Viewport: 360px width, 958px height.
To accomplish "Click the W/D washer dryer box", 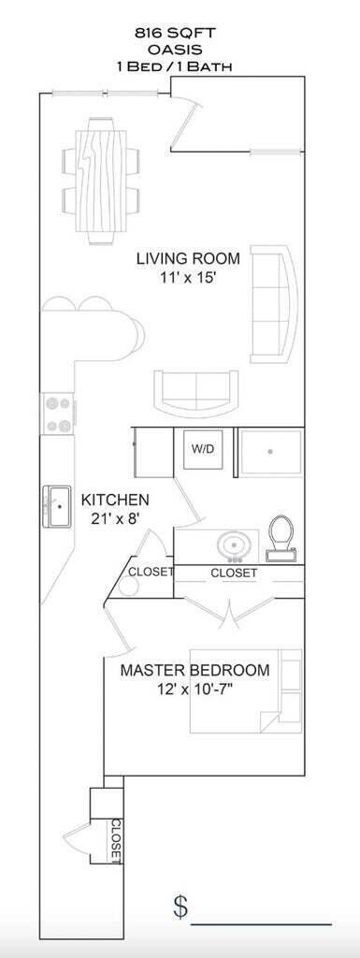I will point(203,450).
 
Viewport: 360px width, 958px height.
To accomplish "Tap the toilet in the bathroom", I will point(281,538).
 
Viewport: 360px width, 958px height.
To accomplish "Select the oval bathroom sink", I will point(230,544).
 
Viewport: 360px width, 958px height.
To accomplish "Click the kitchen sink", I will point(57,508).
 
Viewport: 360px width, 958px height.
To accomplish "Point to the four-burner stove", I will point(57,413).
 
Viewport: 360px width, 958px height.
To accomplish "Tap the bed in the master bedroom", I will point(245,690).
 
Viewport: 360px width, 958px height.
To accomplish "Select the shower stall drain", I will point(271,452).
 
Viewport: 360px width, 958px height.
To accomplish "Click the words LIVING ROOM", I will point(188,258).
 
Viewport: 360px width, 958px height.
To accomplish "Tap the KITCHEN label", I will point(114,500).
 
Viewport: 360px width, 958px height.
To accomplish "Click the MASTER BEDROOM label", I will point(194,670).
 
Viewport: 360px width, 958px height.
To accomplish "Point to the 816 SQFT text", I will point(180,33).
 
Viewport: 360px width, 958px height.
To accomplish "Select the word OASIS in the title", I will point(180,50).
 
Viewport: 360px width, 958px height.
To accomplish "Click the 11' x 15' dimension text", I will point(188,277).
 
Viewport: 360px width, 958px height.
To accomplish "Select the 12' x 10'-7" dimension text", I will point(194,689).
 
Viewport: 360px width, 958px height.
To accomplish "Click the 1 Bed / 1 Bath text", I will point(180,66).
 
